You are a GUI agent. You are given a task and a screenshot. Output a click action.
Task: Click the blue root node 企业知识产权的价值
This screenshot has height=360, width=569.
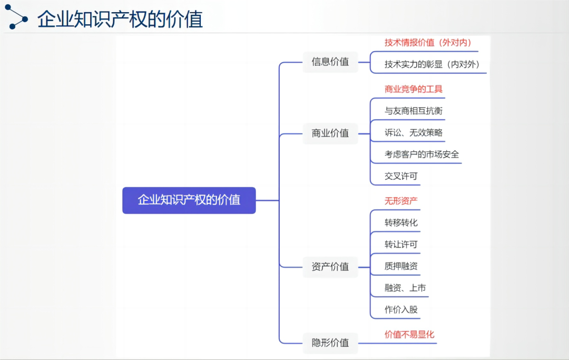(189, 200)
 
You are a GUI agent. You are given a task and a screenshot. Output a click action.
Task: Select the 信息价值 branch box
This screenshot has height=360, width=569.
(330, 62)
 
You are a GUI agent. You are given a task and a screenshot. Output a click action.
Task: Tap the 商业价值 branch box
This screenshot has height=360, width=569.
(330, 133)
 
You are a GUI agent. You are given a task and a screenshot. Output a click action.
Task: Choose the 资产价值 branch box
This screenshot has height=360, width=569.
(330, 267)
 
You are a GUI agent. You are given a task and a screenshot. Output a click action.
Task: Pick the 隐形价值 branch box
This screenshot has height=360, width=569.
(330, 343)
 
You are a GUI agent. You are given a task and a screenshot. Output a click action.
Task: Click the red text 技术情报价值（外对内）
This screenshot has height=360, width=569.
(428, 43)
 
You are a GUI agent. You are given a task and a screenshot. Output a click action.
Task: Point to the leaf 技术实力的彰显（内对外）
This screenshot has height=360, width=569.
(432, 65)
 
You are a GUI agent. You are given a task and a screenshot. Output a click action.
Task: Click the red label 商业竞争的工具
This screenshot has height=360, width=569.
(414, 89)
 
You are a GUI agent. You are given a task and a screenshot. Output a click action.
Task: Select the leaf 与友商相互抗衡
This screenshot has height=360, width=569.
(414, 111)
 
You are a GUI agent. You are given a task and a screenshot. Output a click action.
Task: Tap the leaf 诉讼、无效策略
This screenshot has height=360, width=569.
(414, 133)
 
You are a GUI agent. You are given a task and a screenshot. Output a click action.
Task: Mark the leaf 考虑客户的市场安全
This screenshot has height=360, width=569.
(421, 154)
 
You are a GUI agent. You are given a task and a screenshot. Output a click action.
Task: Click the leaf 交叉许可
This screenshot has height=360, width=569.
(401, 177)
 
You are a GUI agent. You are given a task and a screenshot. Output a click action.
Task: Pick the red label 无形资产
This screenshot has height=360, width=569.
(401, 201)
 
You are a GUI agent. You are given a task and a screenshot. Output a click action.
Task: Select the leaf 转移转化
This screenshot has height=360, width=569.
(401, 223)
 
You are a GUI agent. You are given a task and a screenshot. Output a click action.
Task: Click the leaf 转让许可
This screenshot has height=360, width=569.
(401, 245)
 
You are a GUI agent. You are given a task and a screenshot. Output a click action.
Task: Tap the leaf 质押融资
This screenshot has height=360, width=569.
(401, 266)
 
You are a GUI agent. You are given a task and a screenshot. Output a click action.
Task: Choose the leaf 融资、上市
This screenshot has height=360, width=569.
(405, 288)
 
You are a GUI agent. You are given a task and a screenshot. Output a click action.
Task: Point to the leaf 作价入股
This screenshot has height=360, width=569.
(401, 310)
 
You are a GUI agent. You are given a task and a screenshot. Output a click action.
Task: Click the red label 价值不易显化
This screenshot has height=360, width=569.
(409, 335)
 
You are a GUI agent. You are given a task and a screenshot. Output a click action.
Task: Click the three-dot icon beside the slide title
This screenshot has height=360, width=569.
(16, 17)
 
